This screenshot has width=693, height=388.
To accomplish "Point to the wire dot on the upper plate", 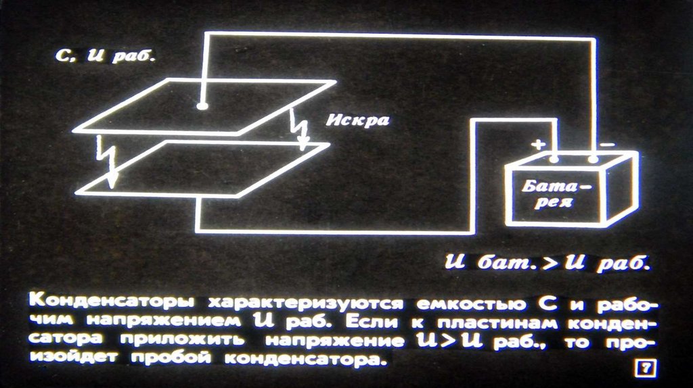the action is click(x=201, y=106).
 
